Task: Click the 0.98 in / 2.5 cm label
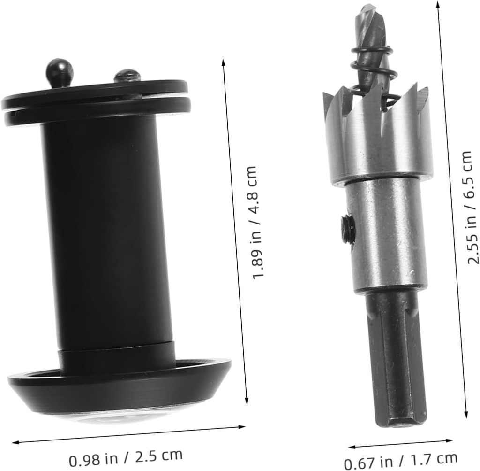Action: [x=126, y=458]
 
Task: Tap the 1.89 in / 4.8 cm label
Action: [x=254, y=222]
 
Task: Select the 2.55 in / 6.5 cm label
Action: [x=469, y=208]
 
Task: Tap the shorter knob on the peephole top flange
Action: [x=127, y=76]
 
